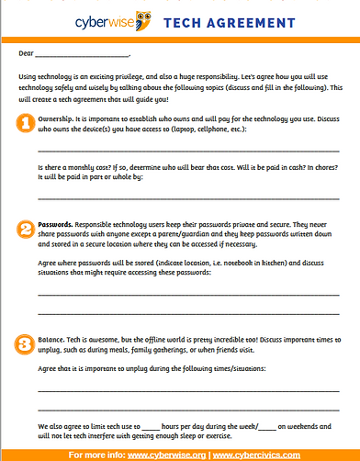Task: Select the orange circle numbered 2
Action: point(27,225)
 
